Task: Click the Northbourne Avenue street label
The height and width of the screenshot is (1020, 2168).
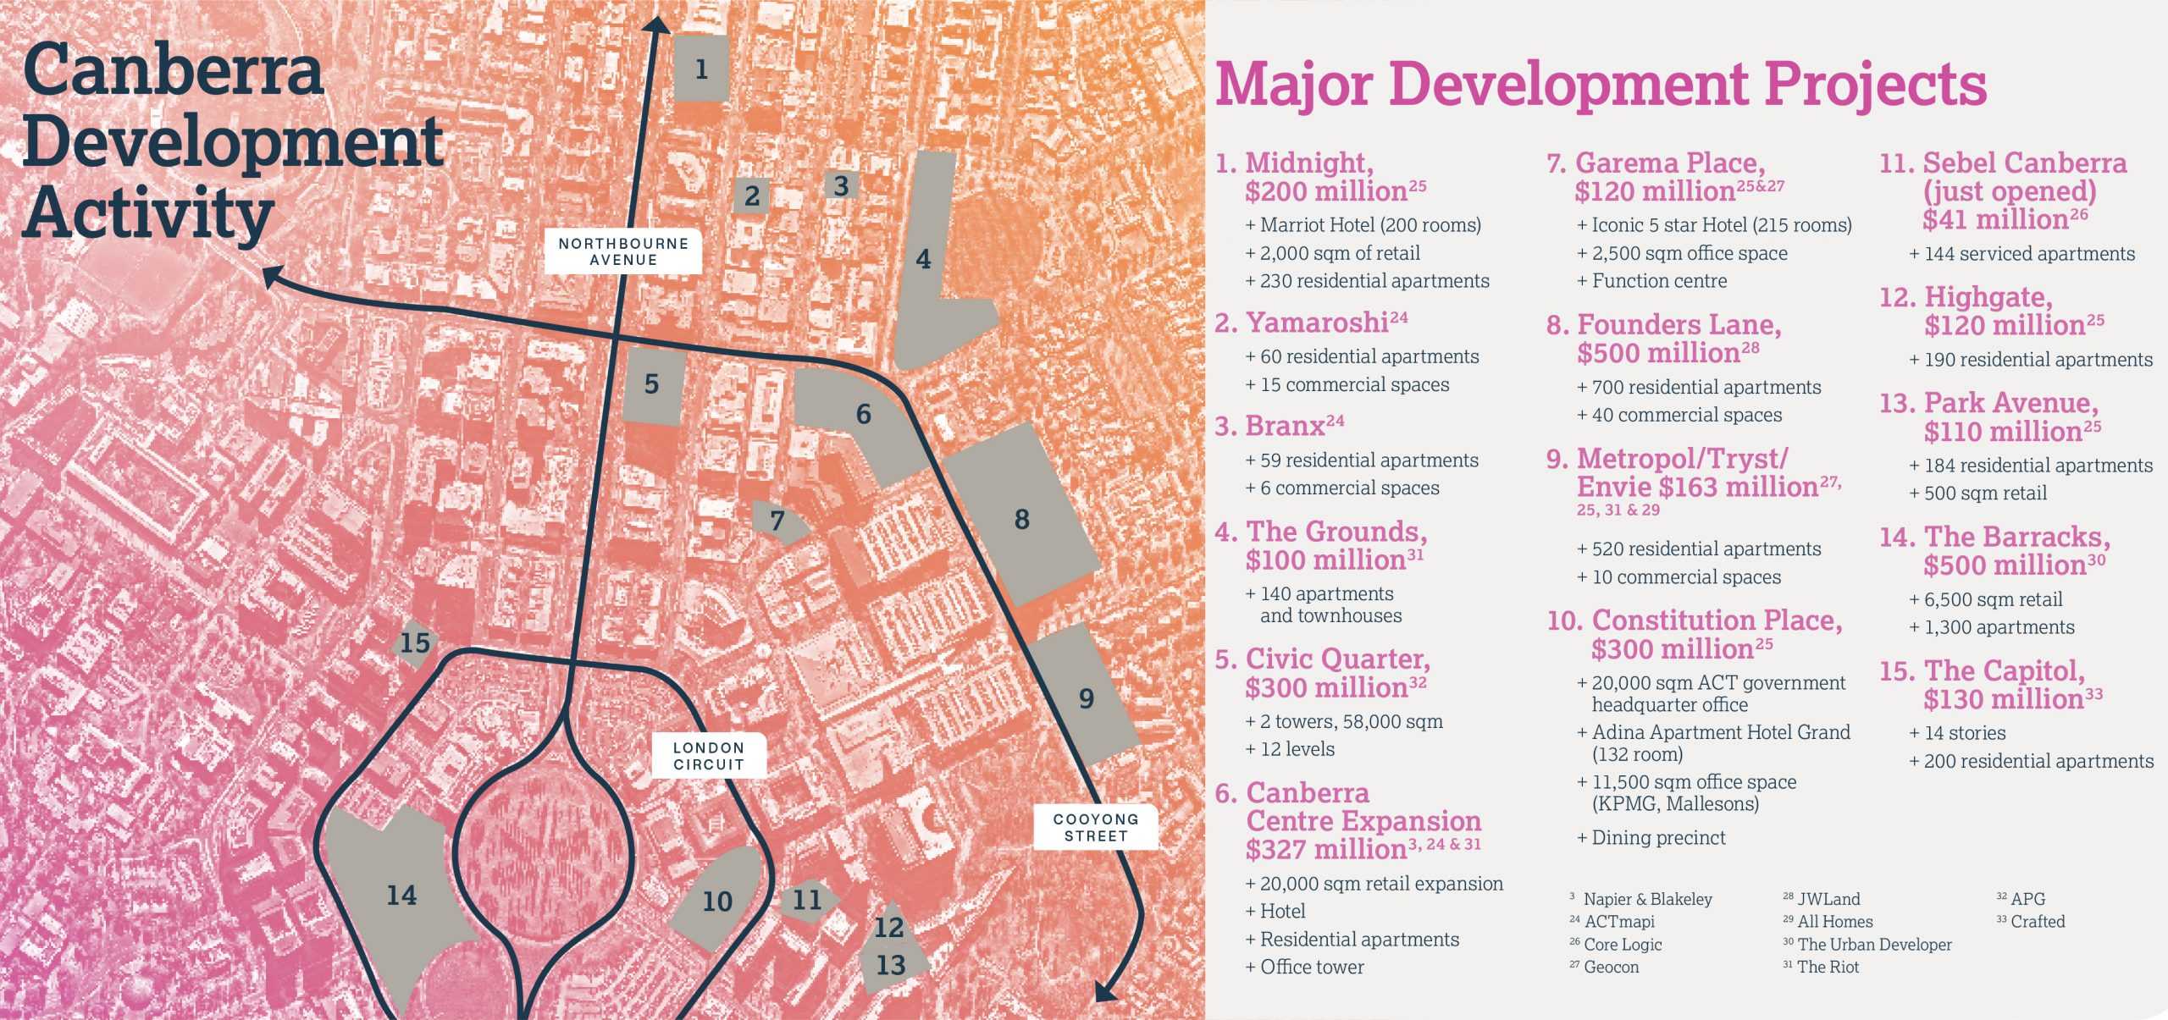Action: [x=622, y=251]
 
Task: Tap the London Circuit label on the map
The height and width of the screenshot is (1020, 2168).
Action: [x=708, y=756]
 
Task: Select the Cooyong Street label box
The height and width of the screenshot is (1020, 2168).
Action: [x=1095, y=827]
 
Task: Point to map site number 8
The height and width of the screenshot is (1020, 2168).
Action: [x=1022, y=518]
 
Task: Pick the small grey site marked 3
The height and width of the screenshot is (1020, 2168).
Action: [x=841, y=185]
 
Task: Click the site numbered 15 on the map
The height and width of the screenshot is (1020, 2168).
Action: [x=415, y=643]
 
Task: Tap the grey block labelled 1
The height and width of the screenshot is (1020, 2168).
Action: [x=701, y=69]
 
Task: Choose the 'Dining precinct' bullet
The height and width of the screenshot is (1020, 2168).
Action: [x=1658, y=837]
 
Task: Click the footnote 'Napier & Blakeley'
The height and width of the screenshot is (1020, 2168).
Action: [x=1647, y=899]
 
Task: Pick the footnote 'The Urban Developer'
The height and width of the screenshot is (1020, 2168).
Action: [x=1874, y=944]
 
